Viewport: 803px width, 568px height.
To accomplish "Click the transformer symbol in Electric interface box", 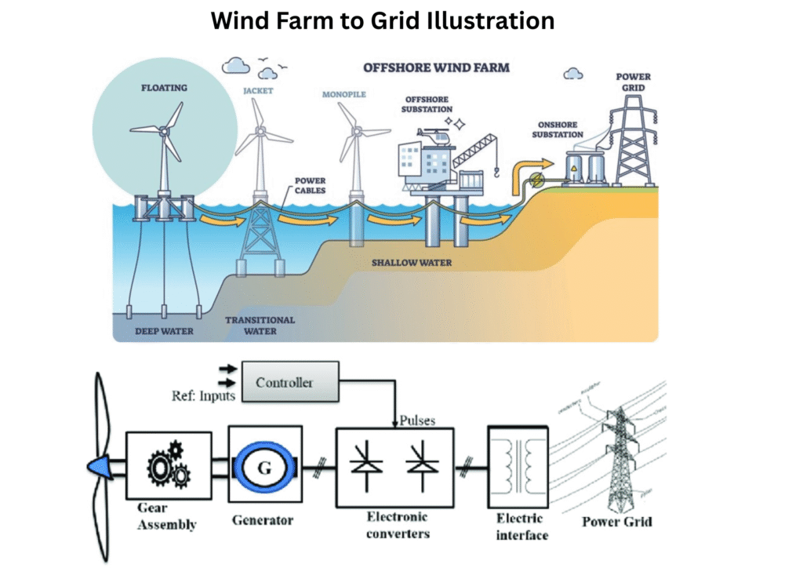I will [518, 466].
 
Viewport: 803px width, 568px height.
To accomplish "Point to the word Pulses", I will [416, 420].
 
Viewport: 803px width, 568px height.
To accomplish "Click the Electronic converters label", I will [398, 525].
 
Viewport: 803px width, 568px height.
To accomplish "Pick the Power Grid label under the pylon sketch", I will [617, 521].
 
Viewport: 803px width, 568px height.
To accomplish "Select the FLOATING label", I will [164, 87].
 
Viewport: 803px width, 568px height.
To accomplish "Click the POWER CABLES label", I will [310, 185].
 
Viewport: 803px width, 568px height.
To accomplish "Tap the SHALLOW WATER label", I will [412, 262].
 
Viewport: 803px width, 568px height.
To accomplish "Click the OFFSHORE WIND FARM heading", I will [435, 67].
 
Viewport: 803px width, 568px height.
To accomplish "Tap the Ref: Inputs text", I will [203, 395].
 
